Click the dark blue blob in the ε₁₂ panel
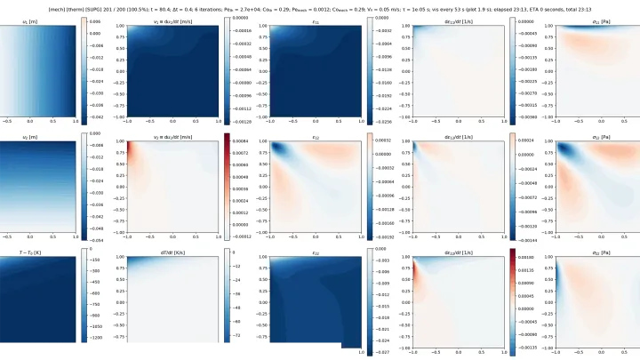(280, 149)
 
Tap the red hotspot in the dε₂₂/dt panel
(417, 268)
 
